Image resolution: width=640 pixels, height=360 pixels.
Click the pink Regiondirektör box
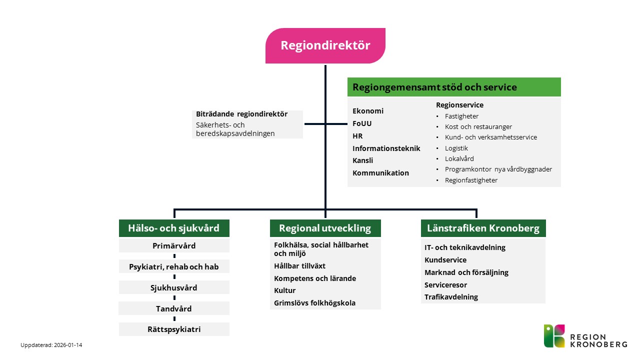pyautogui.click(x=325, y=45)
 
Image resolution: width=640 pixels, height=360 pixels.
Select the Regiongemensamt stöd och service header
pyautogui.click(x=454, y=87)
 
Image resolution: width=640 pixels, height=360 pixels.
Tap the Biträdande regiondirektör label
pyautogui.click(x=241, y=114)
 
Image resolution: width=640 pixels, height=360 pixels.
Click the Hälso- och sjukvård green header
pyautogui.click(x=173, y=228)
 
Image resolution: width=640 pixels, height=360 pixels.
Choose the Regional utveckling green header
pyautogui.click(x=325, y=228)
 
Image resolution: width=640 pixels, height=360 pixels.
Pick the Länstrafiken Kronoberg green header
pyautogui.click(x=483, y=228)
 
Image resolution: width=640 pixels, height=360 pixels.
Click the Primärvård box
pyautogui.click(x=173, y=246)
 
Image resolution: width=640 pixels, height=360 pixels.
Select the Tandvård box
pyautogui.click(x=173, y=308)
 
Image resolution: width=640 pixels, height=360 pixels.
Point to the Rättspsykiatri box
pyautogui.click(x=173, y=329)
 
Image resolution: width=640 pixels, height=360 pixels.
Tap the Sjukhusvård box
pyautogui.click(x=173, y=287)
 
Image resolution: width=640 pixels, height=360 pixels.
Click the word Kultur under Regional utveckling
pyautogui.click(x=284, y=290)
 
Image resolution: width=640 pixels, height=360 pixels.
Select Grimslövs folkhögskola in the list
pyautogui.click(x=314, y=303)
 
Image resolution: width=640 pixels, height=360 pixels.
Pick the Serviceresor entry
pyautogui.click(x=445, y=284)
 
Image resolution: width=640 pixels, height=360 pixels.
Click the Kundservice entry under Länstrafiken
pyautogui.click(x=445, y=260)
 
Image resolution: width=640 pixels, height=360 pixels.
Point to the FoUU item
pyautogui.click(x=362, y=123)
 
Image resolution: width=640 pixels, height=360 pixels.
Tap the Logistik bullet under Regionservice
pyautogui.click(x=456, y=148)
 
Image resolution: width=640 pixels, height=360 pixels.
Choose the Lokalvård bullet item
pyautogui.click(x=459, y=159)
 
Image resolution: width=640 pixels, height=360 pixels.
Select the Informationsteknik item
pyautogui.click(x=386, y=148)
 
